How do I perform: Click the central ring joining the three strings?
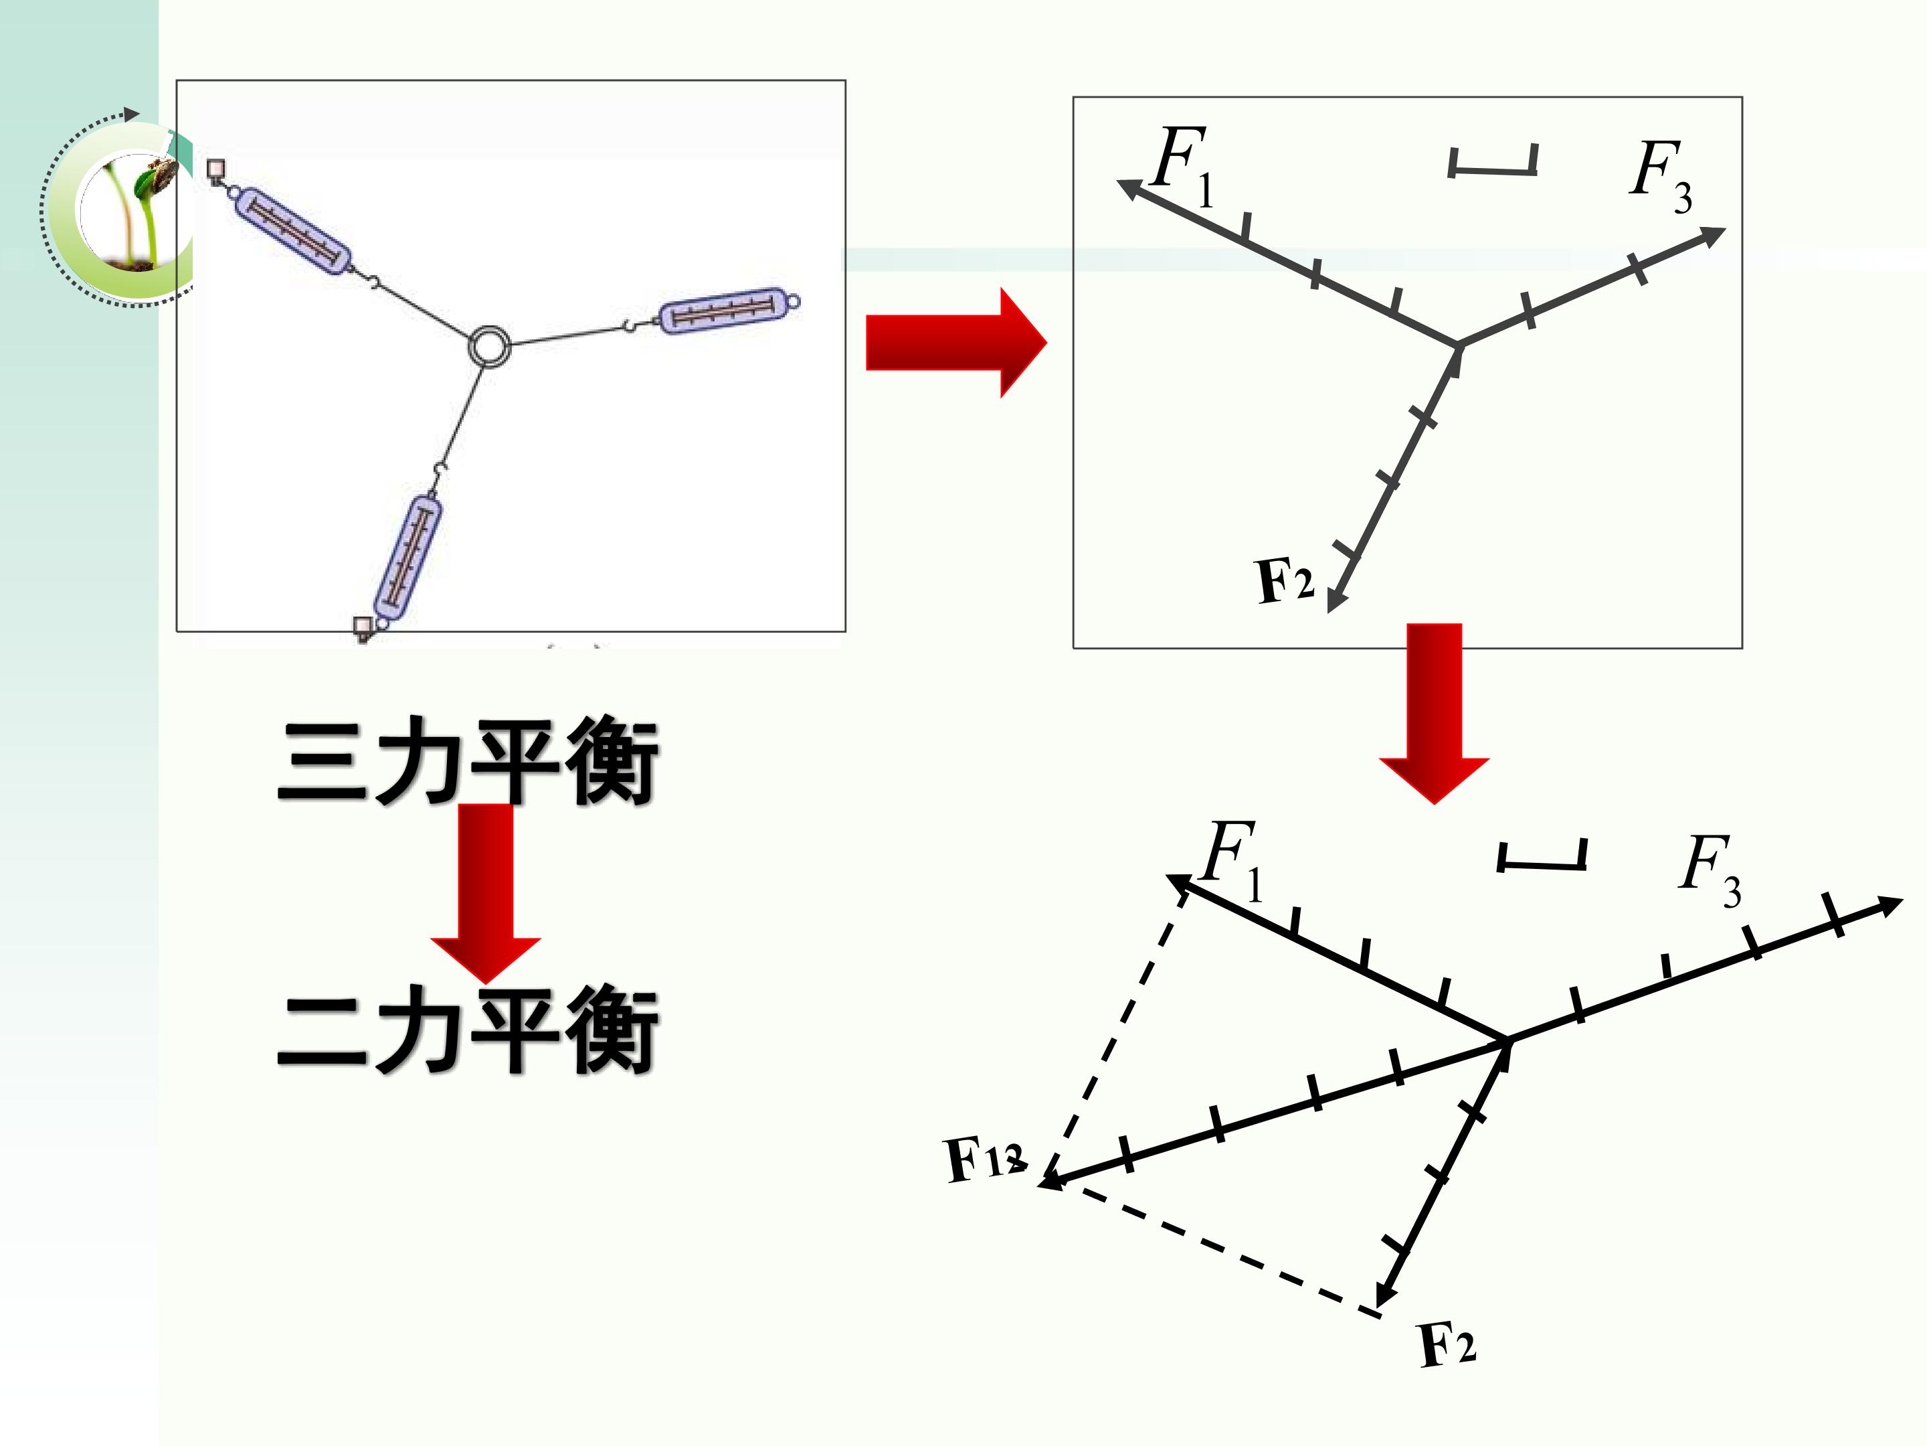coord(471,346)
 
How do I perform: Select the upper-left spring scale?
coord(292,230)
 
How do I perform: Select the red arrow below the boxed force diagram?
coord(1434,713)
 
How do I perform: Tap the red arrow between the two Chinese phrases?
coord(485,894)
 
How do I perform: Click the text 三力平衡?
coord(467,760)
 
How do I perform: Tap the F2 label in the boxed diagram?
coord(1285,580)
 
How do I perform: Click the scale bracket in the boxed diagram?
coord(1492,161)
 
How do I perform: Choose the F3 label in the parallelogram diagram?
coord(1710,871)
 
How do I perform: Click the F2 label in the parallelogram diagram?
coord(1447,1344)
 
